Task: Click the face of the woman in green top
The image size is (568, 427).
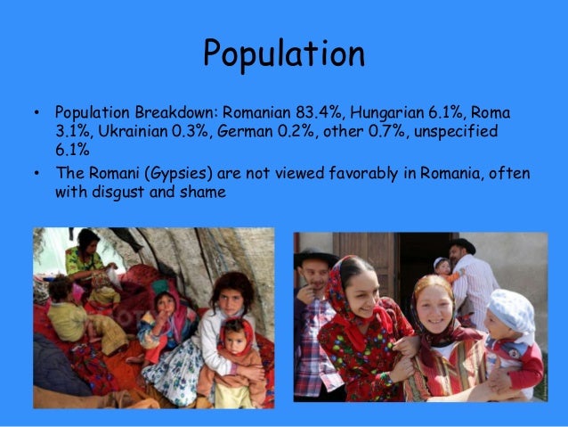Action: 87,245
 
